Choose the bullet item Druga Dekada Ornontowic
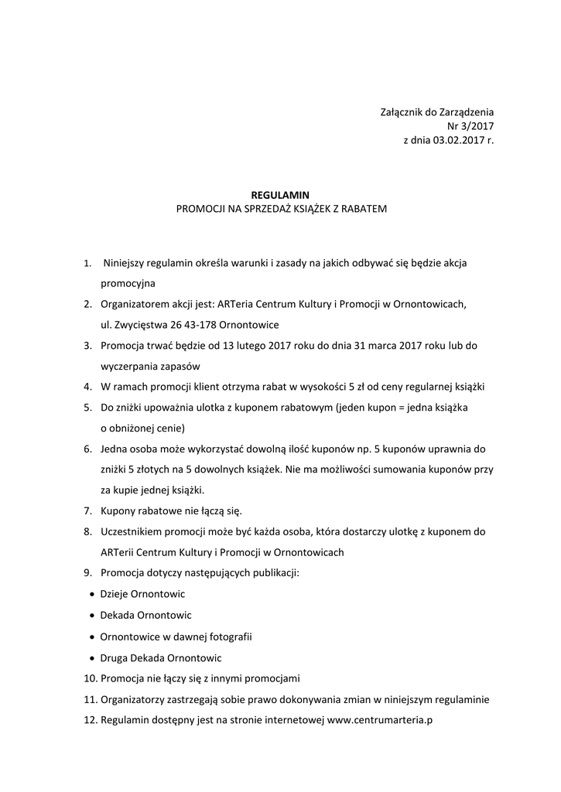(161, 657)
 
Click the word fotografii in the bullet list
(228, 637)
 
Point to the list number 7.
(87, 511)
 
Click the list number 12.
(90, 720)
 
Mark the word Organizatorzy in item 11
(135, 699)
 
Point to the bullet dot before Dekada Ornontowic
(92, 616)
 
